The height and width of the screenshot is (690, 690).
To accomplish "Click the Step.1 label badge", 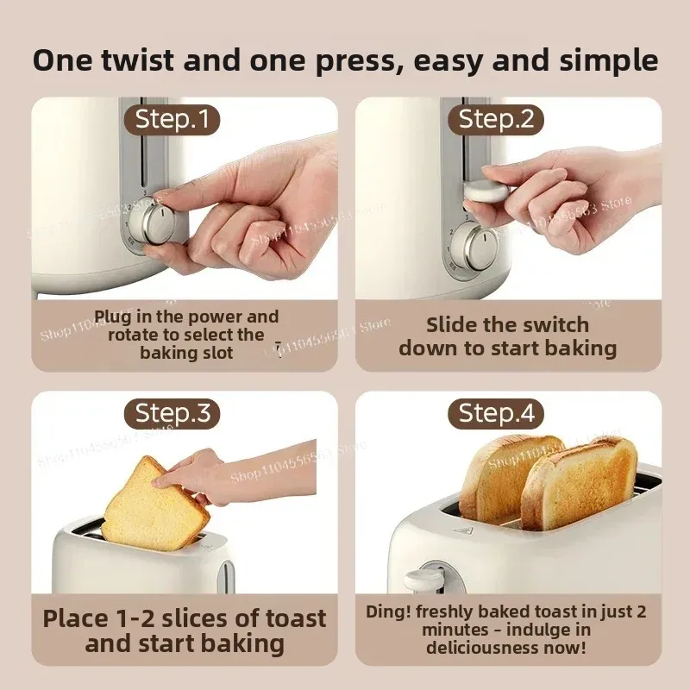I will coord(172,120).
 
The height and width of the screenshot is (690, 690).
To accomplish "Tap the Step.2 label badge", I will coord(496,120).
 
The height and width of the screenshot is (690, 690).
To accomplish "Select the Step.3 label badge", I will coord(172,413).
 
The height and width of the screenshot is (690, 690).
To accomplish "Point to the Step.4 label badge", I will coord(496,413).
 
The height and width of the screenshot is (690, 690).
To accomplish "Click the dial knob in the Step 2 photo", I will coord(474,244).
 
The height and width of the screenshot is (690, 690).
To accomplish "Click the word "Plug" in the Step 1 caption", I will coord(112,317).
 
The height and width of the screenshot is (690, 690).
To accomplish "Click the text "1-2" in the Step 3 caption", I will coord(132,618).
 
